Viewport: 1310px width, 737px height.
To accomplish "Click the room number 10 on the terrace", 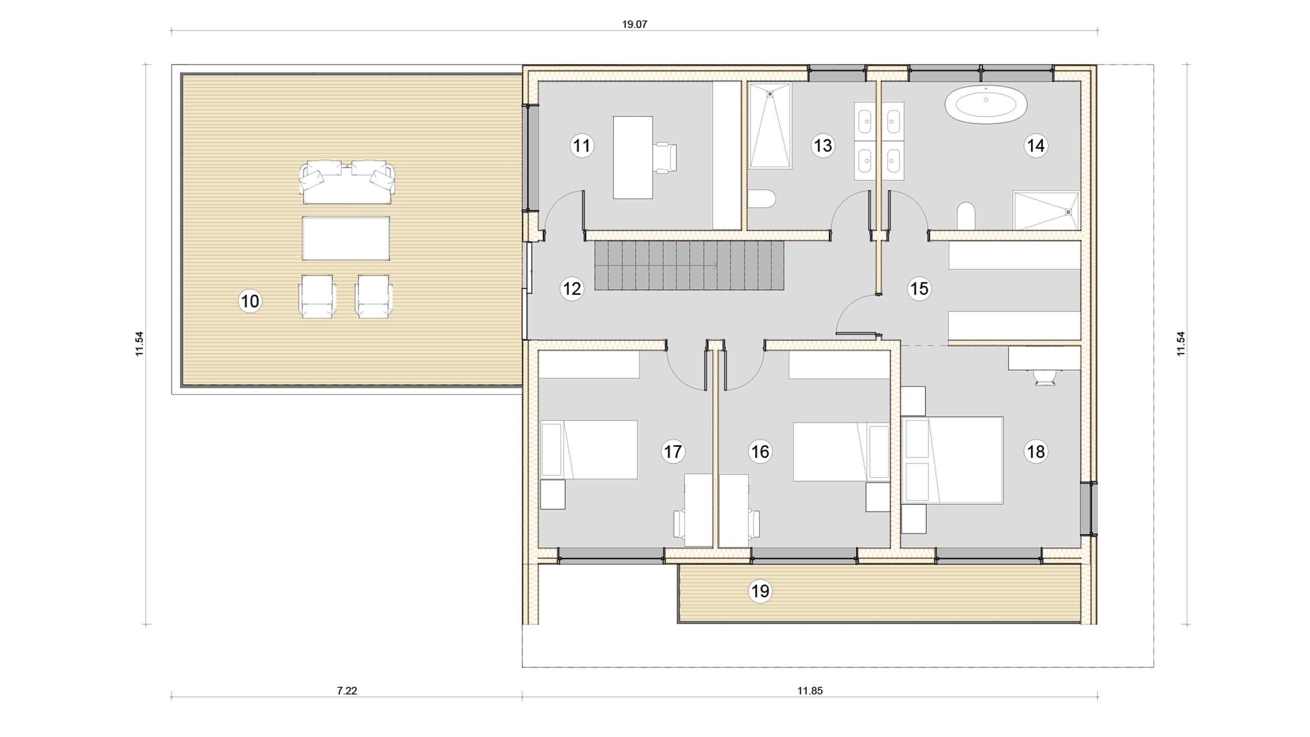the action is (x=250, y=301).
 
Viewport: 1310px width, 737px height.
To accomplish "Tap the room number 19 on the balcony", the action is (x=760, y=592).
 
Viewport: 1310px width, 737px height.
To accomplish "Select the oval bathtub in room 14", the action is (x=986, y=104).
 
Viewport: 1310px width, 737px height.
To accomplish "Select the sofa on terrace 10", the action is (x=348, y=182).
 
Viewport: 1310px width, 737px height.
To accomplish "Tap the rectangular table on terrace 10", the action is (x=346, y=239).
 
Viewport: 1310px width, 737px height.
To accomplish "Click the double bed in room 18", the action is (x=952, y=460).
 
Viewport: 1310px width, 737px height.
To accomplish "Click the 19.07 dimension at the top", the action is (x=635, y=24).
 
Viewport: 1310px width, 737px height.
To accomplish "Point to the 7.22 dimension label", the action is (x=347, y=691).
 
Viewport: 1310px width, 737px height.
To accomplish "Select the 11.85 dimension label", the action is (x=810, y=691).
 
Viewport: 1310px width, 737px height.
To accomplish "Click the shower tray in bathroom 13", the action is (x=770, y=126).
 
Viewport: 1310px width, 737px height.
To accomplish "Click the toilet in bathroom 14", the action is (x=966, y=215).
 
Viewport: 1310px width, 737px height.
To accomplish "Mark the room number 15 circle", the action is (x=919, y=289).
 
